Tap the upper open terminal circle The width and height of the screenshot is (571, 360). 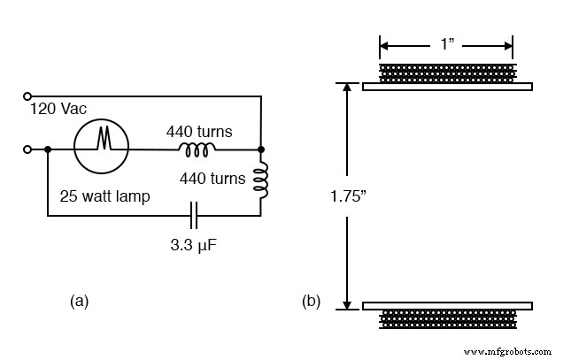click(x=27, y=96)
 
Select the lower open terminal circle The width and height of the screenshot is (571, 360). click(x=27, y=149)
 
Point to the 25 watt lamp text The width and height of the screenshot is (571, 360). click(x=104, y=195)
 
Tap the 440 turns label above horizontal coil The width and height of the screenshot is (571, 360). click(x=199, y=132)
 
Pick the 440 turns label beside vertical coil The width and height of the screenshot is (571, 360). click(x=212, y=178)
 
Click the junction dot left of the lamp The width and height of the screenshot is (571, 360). click(x=47, y=149)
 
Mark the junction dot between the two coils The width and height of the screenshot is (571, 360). click(x=262, y=149)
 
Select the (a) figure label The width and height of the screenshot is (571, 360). click(x=79, y=302)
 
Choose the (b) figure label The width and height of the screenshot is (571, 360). click(x=311, y=302)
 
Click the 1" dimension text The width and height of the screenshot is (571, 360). click(x=446, y=43)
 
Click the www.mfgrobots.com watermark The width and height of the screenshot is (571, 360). click(x=507, y=350)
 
